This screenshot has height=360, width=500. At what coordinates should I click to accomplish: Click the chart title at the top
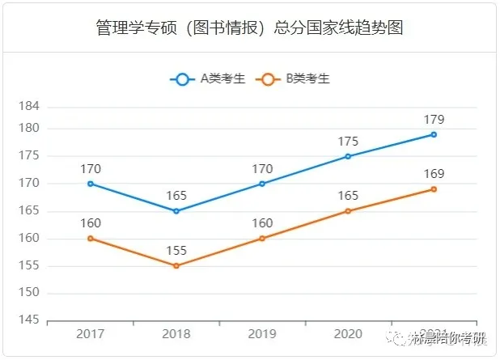click(x=249, y=28)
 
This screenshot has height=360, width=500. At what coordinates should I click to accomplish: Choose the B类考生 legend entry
click(x=292, y=79)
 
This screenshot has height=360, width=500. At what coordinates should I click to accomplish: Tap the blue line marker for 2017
click(x=91, y=184)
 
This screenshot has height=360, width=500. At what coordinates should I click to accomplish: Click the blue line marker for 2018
click(x=176, y=211)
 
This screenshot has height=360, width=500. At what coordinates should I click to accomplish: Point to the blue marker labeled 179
click(x=434, y=134)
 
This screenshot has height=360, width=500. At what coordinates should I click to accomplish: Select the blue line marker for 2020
click(x=348, y=156)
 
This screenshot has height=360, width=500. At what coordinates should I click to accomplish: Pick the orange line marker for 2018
click(x=176, y=265)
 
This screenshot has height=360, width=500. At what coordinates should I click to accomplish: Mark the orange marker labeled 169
click(x=434, y=189)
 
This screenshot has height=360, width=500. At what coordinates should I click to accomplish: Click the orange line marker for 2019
click(x=262, y=239)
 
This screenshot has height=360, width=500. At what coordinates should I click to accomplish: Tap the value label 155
click(x=176, y=251)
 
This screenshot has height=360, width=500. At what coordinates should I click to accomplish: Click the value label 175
click(x=348, y=142)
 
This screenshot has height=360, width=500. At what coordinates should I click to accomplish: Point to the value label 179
click(x=434, y=120)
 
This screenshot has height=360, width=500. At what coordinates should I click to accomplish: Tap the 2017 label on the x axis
click(x=91, y=334)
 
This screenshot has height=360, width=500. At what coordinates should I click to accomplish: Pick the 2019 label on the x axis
click(x=262, y=334)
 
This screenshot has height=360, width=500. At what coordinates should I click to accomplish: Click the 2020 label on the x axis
click(x=348, y=334)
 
